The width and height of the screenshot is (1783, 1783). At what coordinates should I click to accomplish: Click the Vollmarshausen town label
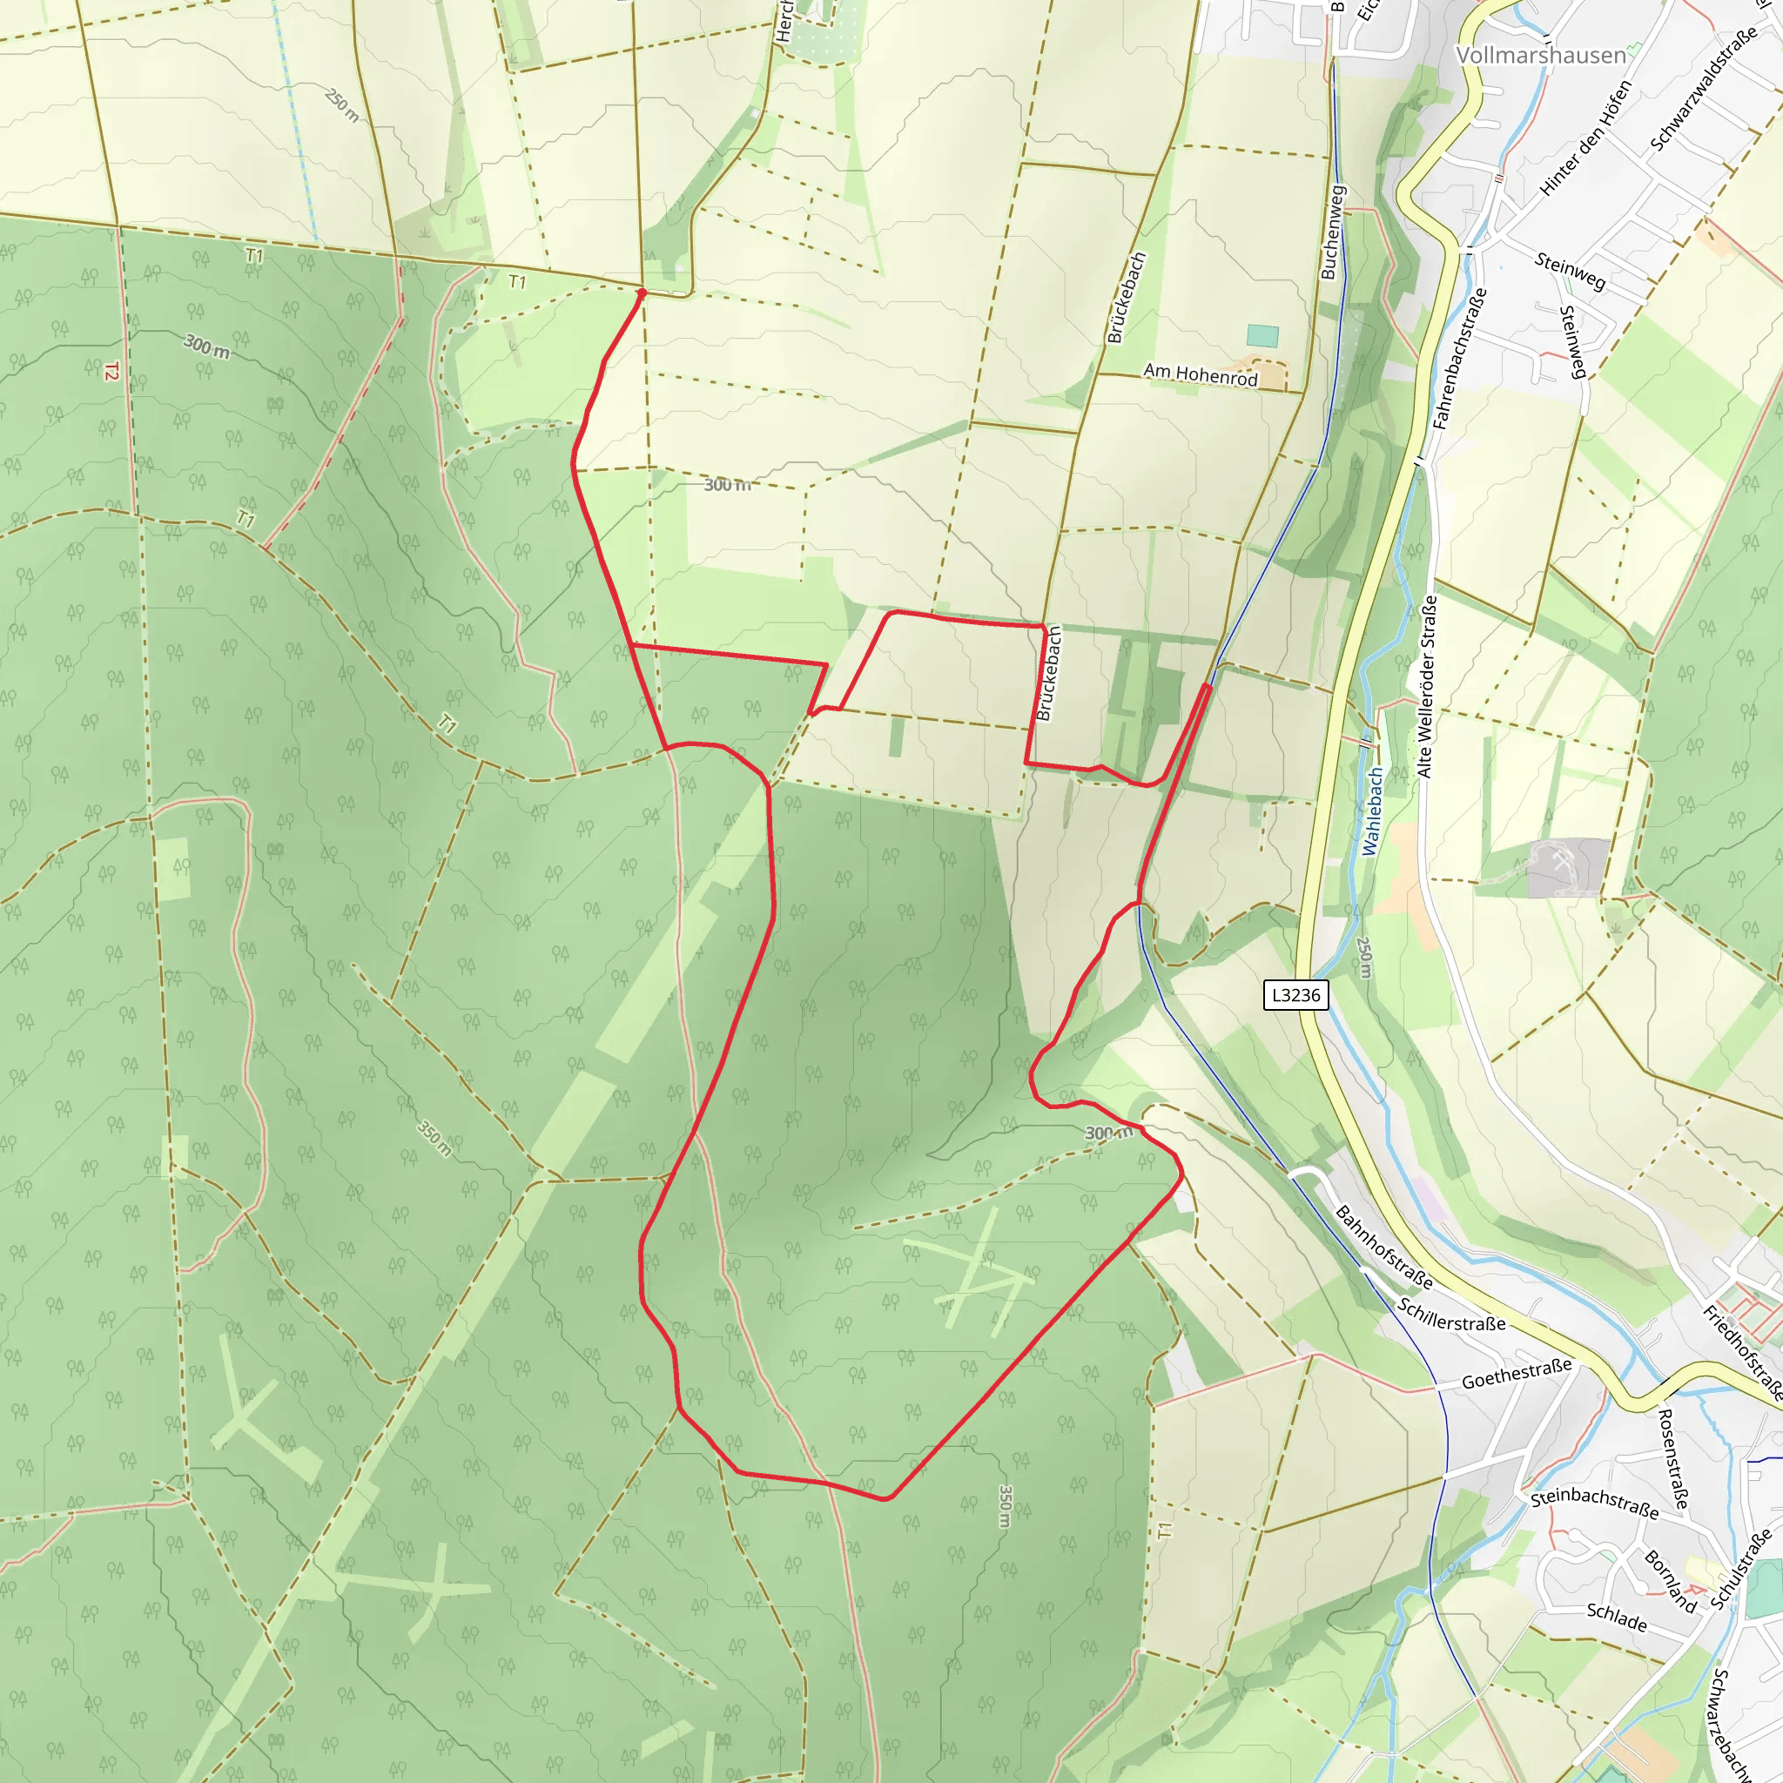coord(1540,56)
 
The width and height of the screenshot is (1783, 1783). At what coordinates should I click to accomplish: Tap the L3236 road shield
coord(1295,995)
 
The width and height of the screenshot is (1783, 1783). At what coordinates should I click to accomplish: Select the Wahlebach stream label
coord(1373,811)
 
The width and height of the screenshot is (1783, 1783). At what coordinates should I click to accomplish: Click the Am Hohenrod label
coord(1200,374)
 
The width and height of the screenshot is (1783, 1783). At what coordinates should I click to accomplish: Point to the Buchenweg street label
coord(1333,232)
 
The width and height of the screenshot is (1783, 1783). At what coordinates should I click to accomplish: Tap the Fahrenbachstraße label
coord(1459,359)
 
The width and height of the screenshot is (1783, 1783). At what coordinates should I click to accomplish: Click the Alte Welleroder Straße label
coord(1427,687)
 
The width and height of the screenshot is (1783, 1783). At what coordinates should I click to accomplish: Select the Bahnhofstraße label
coord(1384,1247)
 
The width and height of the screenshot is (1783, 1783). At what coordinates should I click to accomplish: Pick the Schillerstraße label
coord(1450,1316)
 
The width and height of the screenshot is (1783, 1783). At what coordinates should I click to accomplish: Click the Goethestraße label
coord(1517,1374)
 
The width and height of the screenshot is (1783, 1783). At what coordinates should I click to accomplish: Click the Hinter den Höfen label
coord(1585,138)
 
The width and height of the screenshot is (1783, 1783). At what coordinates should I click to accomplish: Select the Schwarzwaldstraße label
coord(1703,90)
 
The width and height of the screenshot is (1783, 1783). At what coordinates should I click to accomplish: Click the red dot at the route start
coord(643,293)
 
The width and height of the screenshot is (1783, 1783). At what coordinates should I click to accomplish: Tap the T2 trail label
coord(111,371)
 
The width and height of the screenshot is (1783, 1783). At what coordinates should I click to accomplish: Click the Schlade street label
coord(1616,1616)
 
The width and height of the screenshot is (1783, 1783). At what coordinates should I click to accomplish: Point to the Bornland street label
coord(1671,1581)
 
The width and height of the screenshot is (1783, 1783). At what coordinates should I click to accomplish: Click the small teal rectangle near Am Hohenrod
coord(1262,335)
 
